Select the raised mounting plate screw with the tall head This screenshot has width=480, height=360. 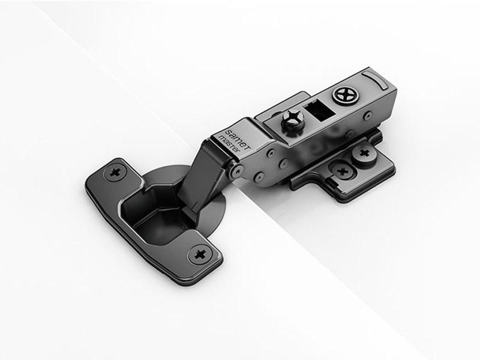click(362, 154)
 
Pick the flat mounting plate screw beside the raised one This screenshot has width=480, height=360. click(343, 171)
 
